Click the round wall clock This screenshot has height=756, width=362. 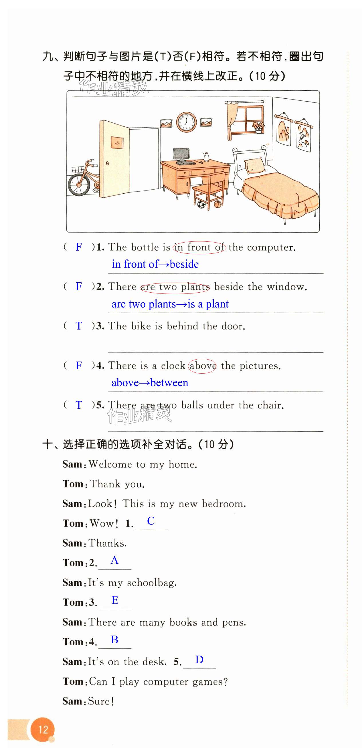pos(186,122)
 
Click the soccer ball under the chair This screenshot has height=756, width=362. pos(201,204)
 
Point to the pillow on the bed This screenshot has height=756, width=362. pos(254,165)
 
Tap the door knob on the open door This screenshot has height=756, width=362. pos(107,163)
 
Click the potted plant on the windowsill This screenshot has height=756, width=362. pos(258,127)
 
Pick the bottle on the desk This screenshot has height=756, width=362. pos(206,157)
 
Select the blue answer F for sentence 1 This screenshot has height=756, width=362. pos(79,247)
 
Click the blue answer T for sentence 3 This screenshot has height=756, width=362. pos(79,326)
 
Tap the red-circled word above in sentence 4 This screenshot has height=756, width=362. pos(202,366)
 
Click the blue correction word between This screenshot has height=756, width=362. pos(169,383)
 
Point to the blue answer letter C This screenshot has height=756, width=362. pos(151,521)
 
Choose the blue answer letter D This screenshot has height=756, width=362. pos(199,659)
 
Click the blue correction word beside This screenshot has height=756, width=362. pos(184,264)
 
